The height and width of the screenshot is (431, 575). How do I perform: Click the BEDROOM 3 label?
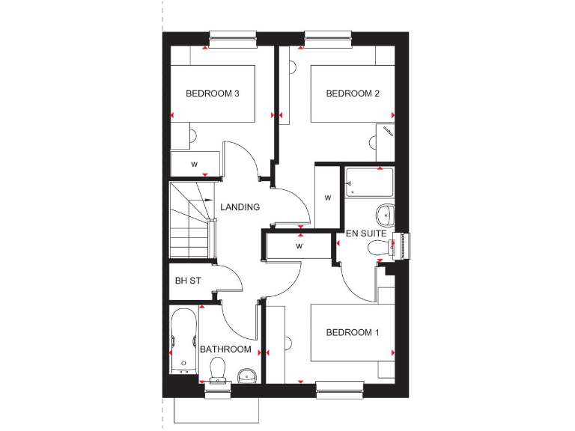pyautogui.click(x=212, y=94)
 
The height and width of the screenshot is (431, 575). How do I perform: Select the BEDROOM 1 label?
pyautogui.click(x=352, y=333)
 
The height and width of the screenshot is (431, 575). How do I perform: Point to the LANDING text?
pyautogui.click(x=240, y=207)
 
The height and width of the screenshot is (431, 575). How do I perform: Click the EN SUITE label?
pyautogui.click(x=366, y=233)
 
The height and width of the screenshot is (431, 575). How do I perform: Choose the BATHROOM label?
pyautogui.click(x=225, y=349)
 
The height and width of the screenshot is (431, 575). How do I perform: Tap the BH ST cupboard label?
pyautogui.click(x=188, y=282)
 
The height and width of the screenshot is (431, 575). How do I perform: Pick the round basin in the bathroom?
pyautogui.click(x=248, y=375)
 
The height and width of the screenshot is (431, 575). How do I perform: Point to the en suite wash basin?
pyautogui.click(x=386, y=215)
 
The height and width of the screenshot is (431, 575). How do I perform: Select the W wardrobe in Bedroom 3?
pyautogui.click(x=195, y=163)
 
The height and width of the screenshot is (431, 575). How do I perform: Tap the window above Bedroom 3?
pyautogui.click(x=234, y=38)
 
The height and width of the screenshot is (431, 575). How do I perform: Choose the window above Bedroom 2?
pyautogui.click(x=329, y=38)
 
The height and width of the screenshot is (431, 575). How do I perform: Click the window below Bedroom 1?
pyautogui.click(x=340, y=388)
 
